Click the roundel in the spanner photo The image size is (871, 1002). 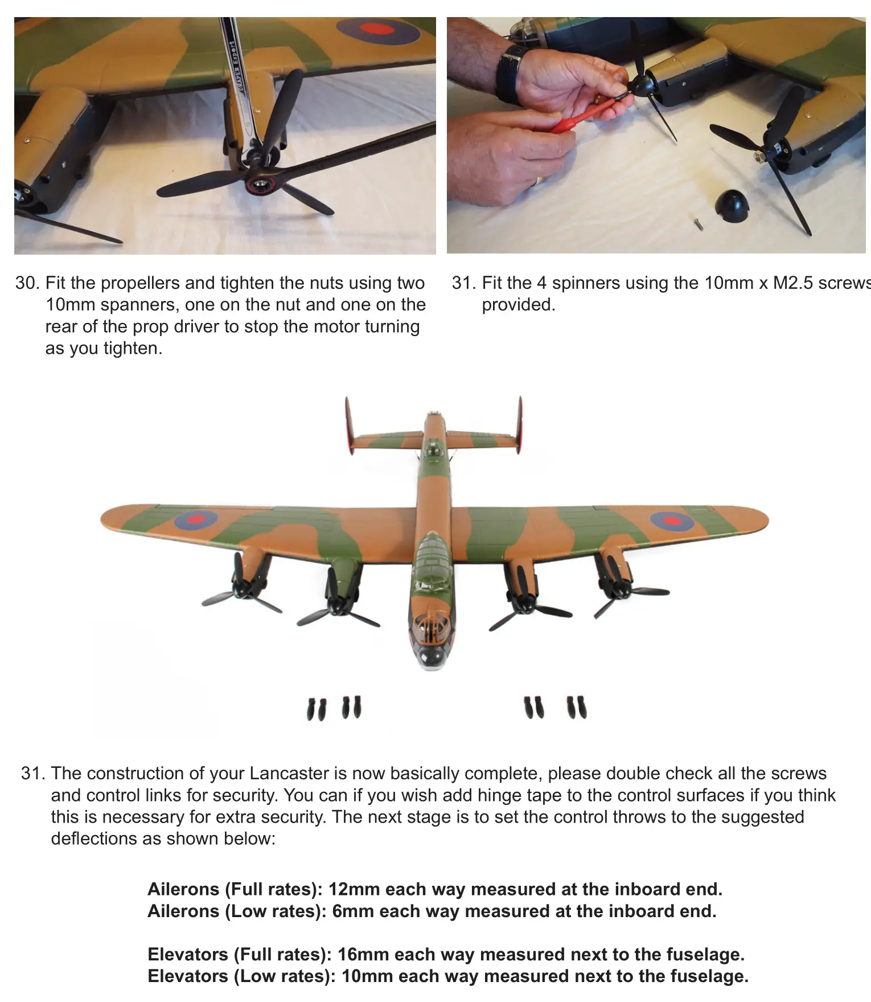376,30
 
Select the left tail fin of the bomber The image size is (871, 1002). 348,425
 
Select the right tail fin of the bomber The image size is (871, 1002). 520,424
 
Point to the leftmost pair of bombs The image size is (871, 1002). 317,709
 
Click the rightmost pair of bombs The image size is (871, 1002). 576,707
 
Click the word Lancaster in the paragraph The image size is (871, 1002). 289,774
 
